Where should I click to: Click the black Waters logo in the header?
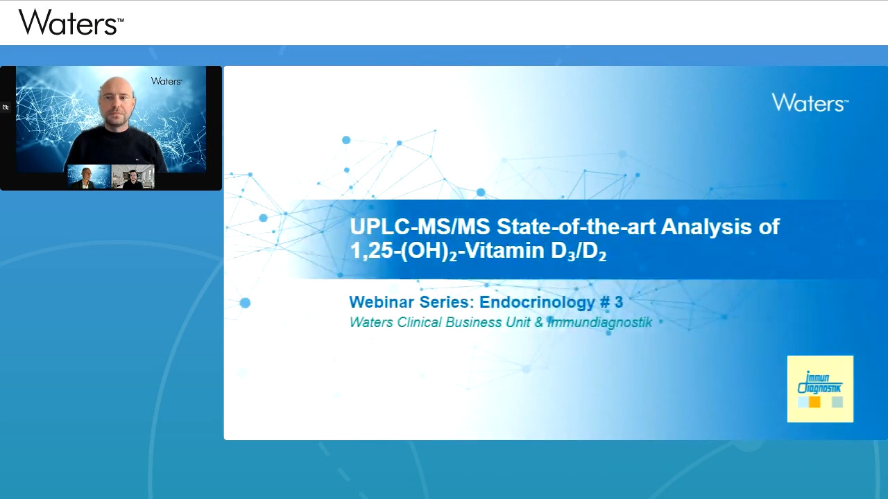pyautogui.click(x=71, y=22)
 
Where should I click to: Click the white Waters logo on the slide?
pyautogui.click(x=810, y=103)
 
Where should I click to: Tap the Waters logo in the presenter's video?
pyautogui.click(x=166, y=81)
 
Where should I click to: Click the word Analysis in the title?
pyautogui.click(x=706, y=227)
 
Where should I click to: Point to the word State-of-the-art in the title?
pyautogui.click(x=576, y=227)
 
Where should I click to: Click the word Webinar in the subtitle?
pyautogui.click(x=382, y=301)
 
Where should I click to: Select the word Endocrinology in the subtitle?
pyautogui.click(x=537, y=302)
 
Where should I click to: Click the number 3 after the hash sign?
pyautogui.click(x=618, y=302)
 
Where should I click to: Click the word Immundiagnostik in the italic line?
pyautogui.click(x=600, y=323)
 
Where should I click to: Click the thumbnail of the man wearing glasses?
pyautogui.click(x=133, y=177)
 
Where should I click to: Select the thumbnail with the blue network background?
pyautogui.click(x=89, y=177)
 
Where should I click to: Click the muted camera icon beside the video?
pyautogui.click(x=6, y=107)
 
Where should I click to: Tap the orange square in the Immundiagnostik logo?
pyautogui.click(x=814, y=403)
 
